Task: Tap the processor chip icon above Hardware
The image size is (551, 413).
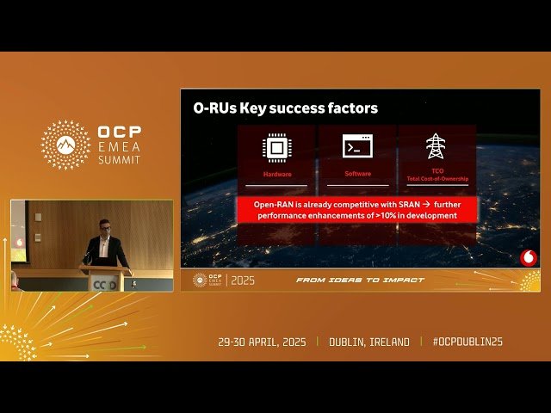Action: (275, 147)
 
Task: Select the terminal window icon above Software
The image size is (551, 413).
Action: (357, 146)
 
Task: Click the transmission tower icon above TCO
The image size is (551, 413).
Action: (436, 146)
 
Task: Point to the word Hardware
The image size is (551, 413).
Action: (275, 174)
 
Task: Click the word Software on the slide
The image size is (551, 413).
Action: (357, 174)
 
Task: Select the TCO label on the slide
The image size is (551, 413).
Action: (436, 171)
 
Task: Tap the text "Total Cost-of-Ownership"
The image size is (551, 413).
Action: (436, 179)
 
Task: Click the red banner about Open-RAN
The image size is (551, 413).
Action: (355, 209)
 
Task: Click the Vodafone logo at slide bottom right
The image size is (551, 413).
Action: (528, 256)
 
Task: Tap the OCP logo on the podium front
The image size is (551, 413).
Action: (104, 284)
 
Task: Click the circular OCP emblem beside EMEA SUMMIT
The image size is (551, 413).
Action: (65, 145)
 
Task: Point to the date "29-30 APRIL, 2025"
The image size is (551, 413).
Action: (264, 342)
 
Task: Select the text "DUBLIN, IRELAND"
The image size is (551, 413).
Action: (369, 342)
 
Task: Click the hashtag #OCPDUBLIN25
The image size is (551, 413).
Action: (467, 342)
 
